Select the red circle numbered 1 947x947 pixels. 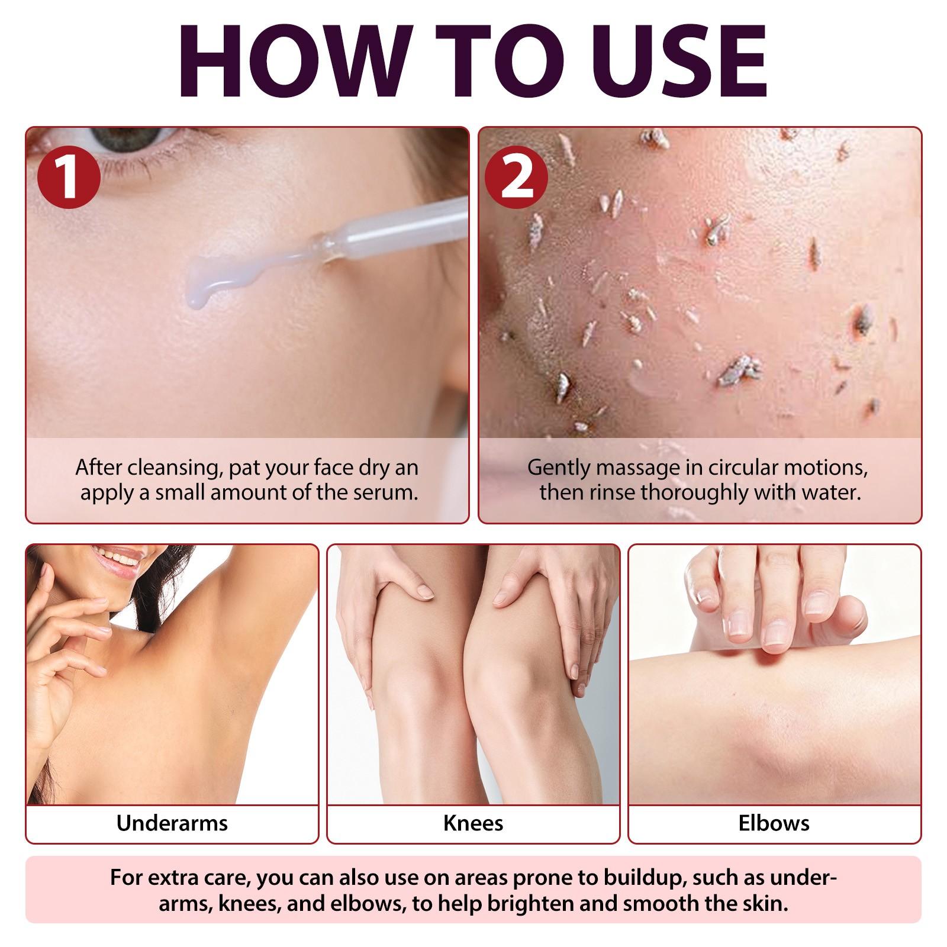(69, 178)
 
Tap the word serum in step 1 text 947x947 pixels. (385, 492)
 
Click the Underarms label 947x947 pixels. (172, 823)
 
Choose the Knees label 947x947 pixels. (473, 823)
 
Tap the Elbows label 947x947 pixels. (774, 823)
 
